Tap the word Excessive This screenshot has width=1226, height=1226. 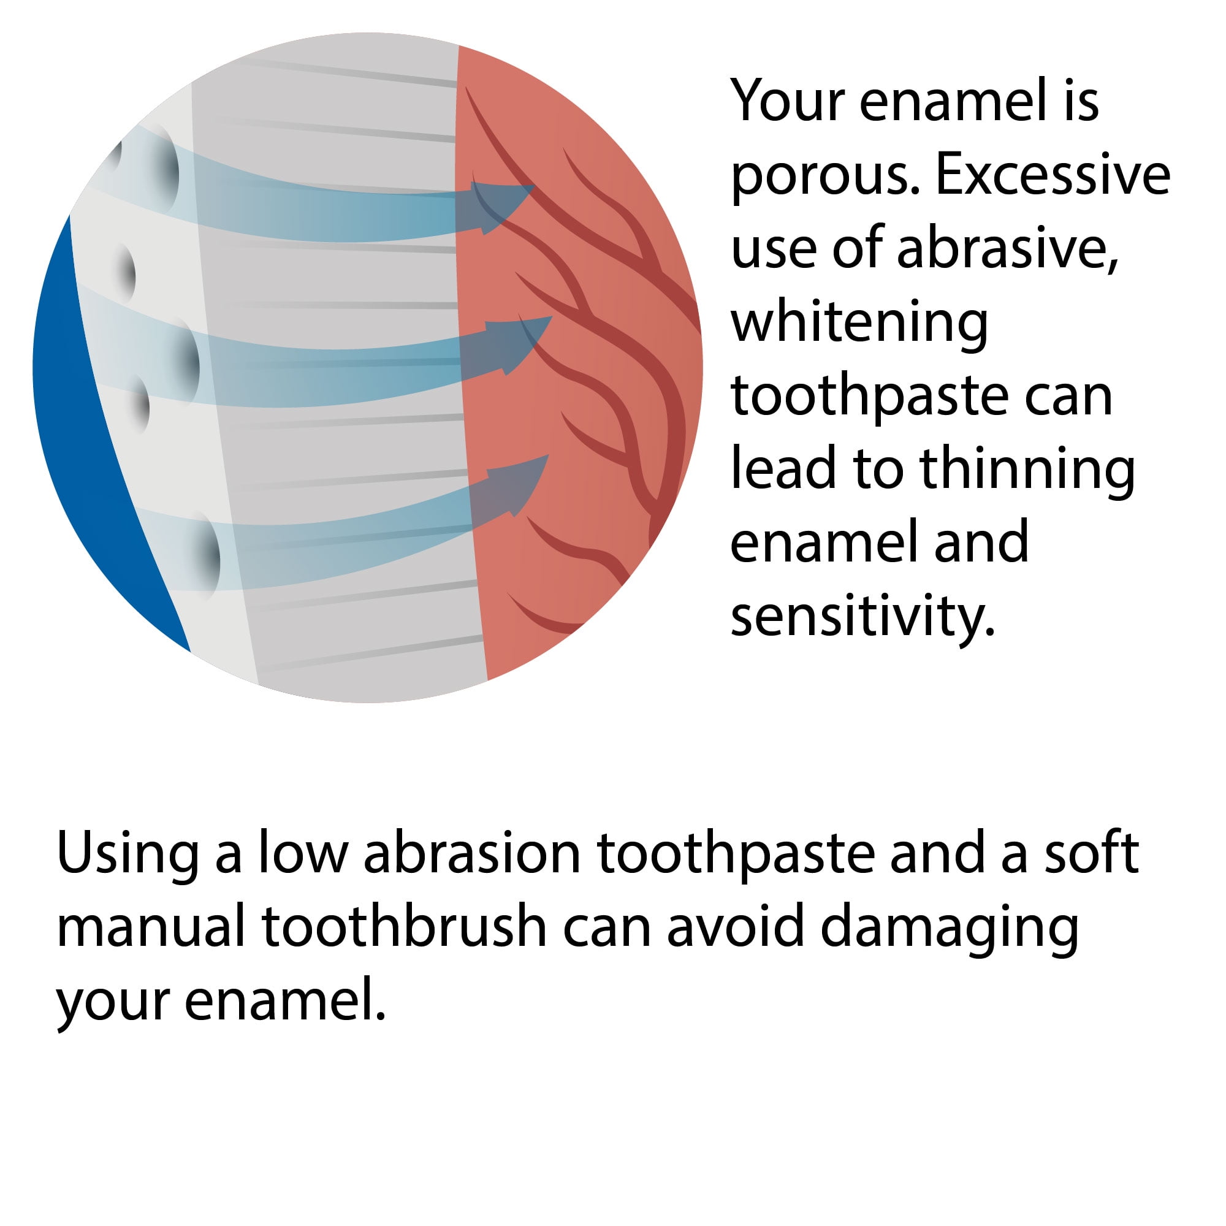pyautogui.click(x=1053, y=175)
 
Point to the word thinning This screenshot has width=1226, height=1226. pyautogui.click(x=1027, y=471)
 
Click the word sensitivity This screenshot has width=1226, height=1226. pyautogui.click(x=863, y=618)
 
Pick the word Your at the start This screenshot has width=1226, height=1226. pyautogui.click(x=788, y=101)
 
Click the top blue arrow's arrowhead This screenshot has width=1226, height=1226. pyautogui.click(x=503, y=207)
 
